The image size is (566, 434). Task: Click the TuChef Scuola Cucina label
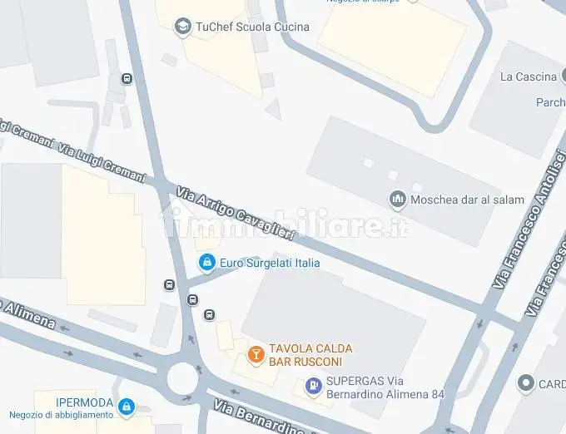(251, 27)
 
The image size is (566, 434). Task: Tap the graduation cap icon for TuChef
(182, 27)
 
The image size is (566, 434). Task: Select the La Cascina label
(528, 76)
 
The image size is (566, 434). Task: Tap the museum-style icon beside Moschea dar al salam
(398, 200)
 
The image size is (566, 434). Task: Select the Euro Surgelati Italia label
(270, 264)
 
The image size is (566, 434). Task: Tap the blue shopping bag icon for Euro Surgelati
(206, 264)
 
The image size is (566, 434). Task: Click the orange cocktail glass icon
(256, 355)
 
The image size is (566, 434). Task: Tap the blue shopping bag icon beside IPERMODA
(126, 407)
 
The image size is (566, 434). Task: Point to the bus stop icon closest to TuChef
(127, 79)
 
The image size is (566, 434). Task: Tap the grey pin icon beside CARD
(525, 383)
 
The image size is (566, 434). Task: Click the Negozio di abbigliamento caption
(62, 415)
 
